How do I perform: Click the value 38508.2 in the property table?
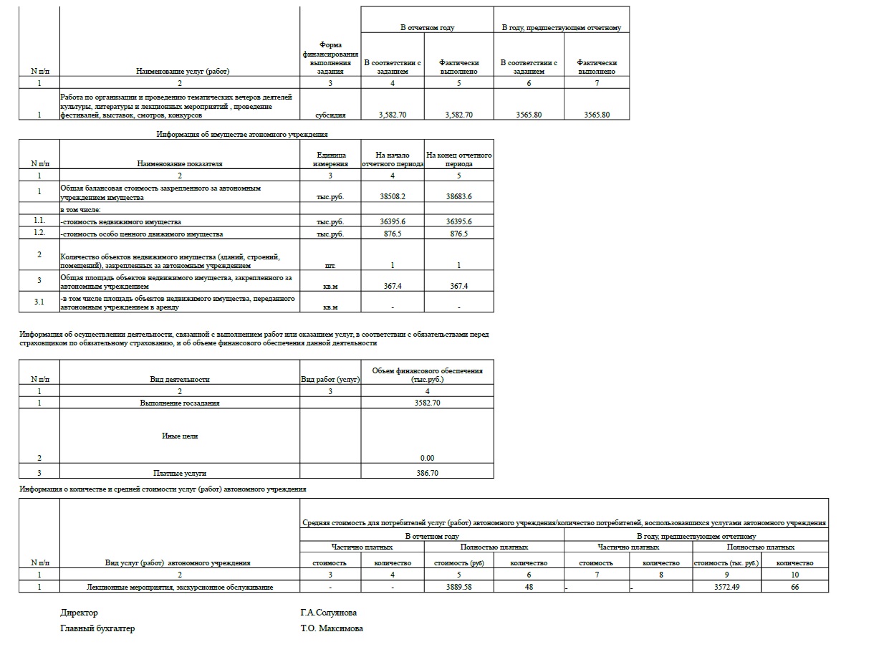pos(392,196)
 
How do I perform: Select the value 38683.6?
pos(458,196)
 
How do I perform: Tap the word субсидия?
pos(330,115)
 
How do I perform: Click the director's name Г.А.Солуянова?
pos(329,613)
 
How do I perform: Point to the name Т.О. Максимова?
pos(332,629)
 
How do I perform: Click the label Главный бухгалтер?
pos(97,629)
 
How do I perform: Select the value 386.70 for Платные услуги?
pos(427,474)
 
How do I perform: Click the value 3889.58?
pos(458,588)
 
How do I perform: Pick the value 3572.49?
pos(726,588)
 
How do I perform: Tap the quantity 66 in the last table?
pos(794,588)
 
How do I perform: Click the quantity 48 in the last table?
pos(529,588)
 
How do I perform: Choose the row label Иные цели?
pos(180,436)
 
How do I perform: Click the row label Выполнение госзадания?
pos(180,403)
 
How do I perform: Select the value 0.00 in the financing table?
pos(427,459)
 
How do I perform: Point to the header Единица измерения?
pos(330,159)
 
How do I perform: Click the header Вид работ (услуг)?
pos(330,380)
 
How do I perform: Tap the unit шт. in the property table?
pos(330,266)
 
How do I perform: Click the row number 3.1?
pos(39,302)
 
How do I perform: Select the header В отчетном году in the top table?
pos(427,28)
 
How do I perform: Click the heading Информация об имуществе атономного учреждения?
pos(242,134)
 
